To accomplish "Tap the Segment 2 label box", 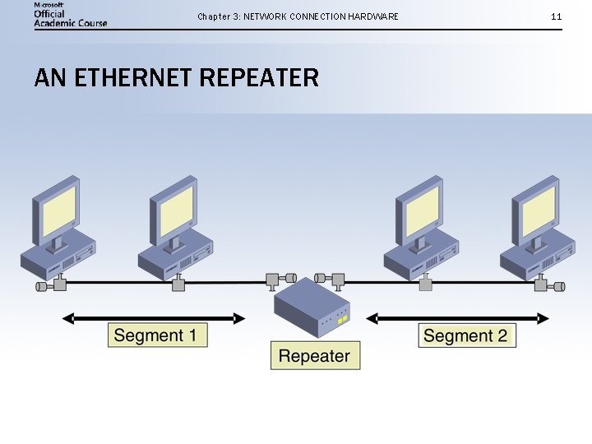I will pos(466,335).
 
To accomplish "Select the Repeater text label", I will pos(315,356).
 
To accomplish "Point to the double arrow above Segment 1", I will pos(154,317).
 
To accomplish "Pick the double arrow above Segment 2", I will pos(457,317).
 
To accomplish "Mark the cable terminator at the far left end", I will pos(40,286).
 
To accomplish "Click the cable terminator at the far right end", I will pos(560,286).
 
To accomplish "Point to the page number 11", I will pos(557,16).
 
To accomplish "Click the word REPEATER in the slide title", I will pos(259,78).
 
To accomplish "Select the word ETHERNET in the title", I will pos(133,78).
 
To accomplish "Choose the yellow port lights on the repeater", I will pos(344,317).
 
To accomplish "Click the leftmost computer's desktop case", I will pos(58,257).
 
